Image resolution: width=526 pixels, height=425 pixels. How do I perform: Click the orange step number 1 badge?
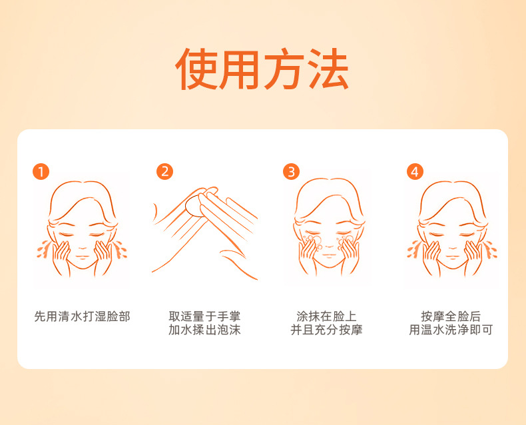click(x=41, y=172)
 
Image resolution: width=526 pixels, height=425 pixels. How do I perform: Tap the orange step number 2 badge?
click(x=164, y=172)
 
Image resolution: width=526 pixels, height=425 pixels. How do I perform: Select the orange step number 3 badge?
click(x=291, y=172)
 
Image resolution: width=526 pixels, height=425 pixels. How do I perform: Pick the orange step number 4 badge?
click(x=415, y=172)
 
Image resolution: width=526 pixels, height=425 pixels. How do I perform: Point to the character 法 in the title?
click(x=328, y=69)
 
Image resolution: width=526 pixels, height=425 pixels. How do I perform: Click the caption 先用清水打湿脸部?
click(x=82, y=316)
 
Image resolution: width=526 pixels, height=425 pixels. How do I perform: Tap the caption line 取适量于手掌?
click(x=204, y=316)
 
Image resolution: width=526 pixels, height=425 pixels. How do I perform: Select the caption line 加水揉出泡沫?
click(x=204, y=330)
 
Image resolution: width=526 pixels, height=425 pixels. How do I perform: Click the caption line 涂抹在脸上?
click(x=327, y=316)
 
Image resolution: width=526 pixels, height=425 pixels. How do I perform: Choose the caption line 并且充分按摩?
click(x=327, y=330)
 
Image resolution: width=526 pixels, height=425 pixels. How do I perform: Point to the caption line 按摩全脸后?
click(x=451, y=316)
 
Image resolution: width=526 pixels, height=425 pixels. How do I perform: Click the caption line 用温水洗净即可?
click(x=451, y=330)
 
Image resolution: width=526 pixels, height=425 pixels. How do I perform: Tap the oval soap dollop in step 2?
click(x=194, y=205)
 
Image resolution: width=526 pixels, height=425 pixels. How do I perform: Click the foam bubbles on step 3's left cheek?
click(x=312, y=242)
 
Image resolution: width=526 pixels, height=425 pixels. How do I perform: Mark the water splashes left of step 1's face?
click(x=43, y=249)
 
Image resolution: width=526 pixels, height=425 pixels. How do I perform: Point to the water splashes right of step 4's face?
click(x=490, y=249)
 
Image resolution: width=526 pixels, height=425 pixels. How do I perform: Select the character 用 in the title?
click(x=240, y=69)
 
